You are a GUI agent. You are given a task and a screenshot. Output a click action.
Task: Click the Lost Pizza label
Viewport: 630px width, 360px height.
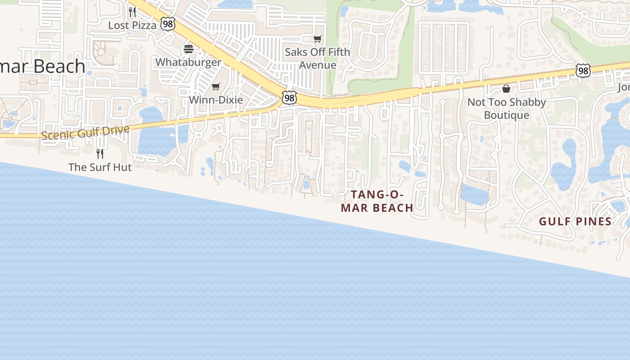coord(132,25)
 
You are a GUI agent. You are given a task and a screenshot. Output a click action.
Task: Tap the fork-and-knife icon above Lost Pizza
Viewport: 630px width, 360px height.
coord(132,12)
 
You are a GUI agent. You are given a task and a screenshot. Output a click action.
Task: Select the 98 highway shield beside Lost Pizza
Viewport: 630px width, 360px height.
coord(168,24)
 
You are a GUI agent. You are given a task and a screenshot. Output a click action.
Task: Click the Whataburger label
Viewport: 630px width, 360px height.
coord(188,62)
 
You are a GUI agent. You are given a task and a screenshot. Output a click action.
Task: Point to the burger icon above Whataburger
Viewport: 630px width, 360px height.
coord(189,49)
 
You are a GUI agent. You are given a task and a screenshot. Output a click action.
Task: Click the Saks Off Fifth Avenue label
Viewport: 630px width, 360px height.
coord(317,58)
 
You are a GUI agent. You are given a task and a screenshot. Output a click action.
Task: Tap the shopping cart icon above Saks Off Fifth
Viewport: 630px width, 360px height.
coord(318,39)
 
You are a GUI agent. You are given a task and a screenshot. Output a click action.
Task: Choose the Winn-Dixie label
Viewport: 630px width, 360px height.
coord(216,100)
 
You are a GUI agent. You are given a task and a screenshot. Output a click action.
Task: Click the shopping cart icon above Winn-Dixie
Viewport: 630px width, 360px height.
coord(216,87)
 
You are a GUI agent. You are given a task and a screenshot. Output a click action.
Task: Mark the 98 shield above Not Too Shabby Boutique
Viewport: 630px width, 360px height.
coord(583,71)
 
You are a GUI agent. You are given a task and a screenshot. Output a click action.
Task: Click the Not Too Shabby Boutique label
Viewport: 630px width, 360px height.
coord(506,108)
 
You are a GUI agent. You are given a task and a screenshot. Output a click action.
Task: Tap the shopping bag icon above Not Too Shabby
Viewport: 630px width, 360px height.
coord(506,89)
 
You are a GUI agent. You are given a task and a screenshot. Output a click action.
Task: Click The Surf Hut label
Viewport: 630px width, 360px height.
coord(100,167)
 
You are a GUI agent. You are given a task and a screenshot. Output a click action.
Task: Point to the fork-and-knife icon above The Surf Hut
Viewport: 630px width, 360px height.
coord(100,154)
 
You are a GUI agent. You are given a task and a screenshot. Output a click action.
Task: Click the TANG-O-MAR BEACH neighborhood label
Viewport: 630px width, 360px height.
coord(377,201)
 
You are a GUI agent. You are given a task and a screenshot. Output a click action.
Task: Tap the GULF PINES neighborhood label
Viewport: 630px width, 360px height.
coord(575,221)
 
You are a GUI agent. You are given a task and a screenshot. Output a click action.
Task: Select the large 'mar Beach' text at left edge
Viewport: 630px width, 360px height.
coord(43,67)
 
